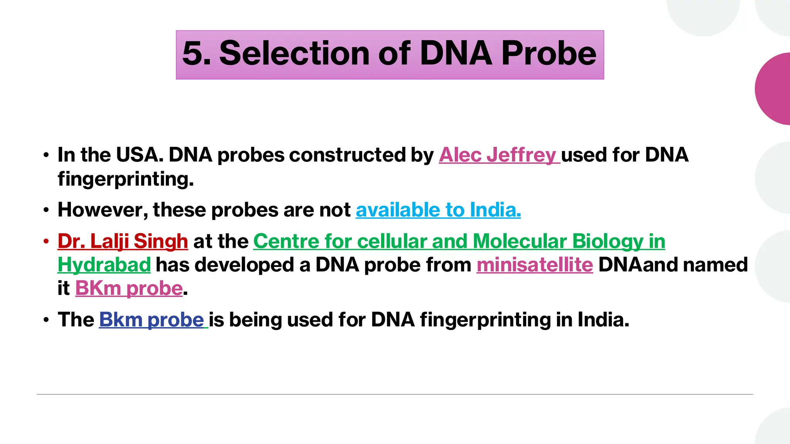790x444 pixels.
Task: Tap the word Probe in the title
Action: click(x=549, y=54)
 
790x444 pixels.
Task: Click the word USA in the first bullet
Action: click(x=137, y=155)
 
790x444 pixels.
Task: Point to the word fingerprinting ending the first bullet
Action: click(x=125, y=179)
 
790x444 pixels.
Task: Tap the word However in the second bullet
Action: click(x=103, y=210)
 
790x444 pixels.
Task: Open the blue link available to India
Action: click(x=438, y=210)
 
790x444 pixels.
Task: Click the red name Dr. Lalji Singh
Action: click(x=123, y=241)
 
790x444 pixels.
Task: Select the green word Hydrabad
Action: click(x=104, y=265)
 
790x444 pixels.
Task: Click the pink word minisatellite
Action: click(x=534, y=265)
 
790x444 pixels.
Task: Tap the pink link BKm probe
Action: click(x=129, y=288)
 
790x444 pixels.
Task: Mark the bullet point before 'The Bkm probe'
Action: click(x=46, y=320)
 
